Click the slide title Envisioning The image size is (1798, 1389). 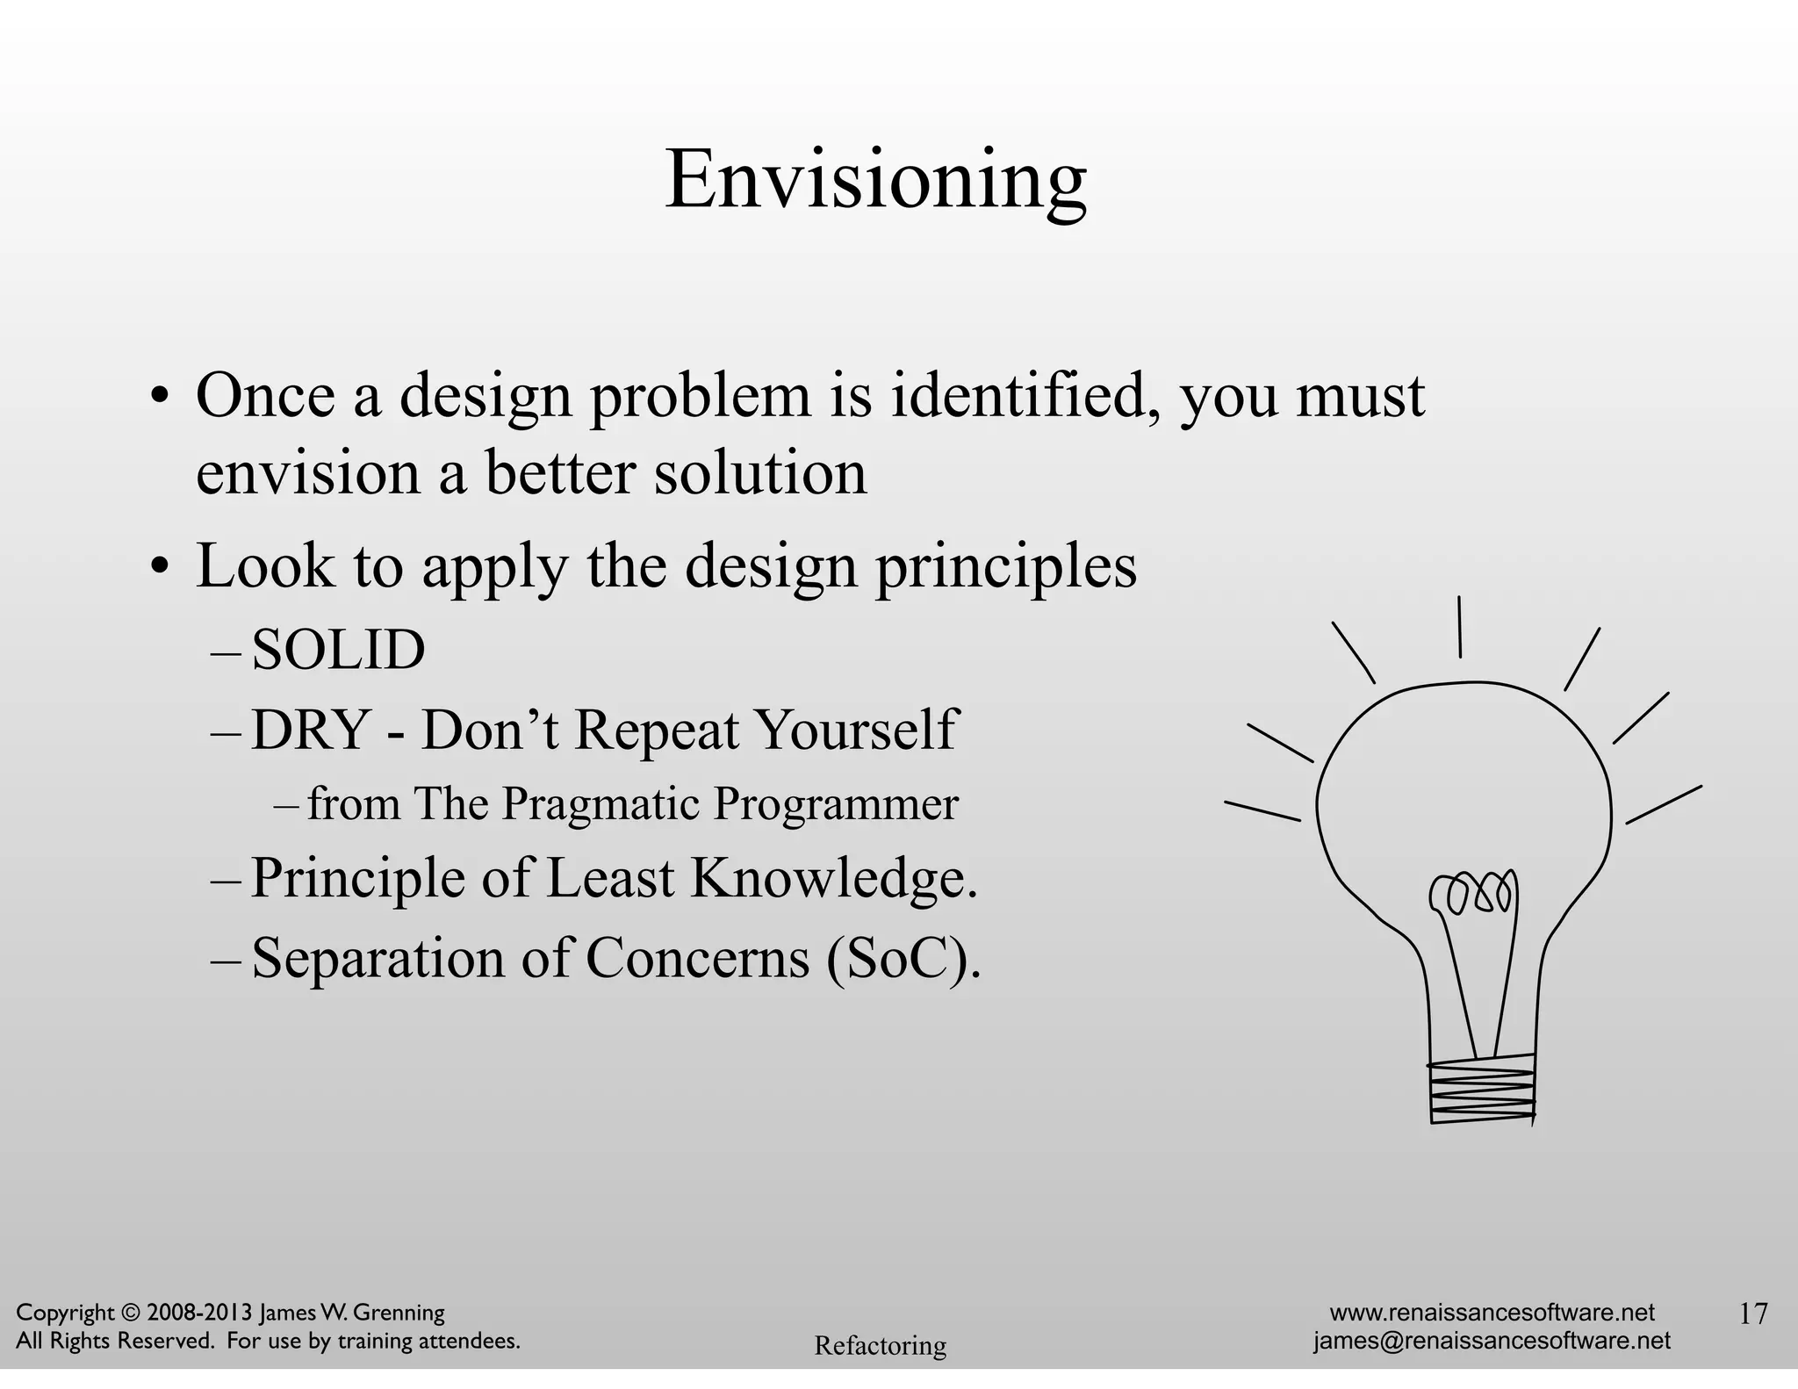[x=875, y=180]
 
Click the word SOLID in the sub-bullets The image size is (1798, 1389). [x=338, y=651]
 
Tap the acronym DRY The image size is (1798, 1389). [x=309, y=730]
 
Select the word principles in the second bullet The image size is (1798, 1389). [x=1006, y=566]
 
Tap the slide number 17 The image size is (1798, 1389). [x=1753, y=1313]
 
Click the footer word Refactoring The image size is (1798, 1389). [x=880, y=1345]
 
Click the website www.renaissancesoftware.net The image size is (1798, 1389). [x=1492, y=1313]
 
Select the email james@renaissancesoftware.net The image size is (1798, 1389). [x=1492, y=1341]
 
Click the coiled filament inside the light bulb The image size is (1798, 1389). [x=1472, y=894]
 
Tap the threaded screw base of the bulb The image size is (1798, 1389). [x=1482, y=1090]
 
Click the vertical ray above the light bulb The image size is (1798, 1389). [x=1459, y=627]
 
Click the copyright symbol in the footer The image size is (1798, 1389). [x=131, y=1313]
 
